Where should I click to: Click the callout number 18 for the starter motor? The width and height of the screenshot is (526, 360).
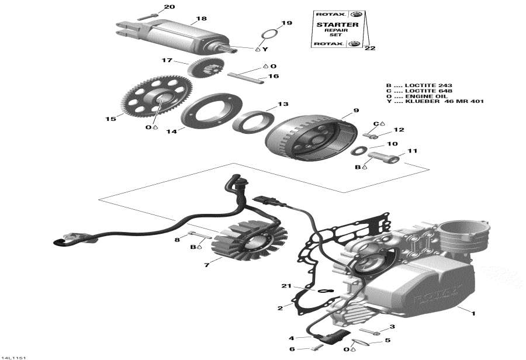pyautogui.click(x=202, y=19)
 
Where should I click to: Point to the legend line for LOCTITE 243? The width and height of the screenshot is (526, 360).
pyautogui.click(x=419, y=85)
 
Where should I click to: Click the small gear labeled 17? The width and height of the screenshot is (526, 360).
pyautogui.click(x=201, y=67)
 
